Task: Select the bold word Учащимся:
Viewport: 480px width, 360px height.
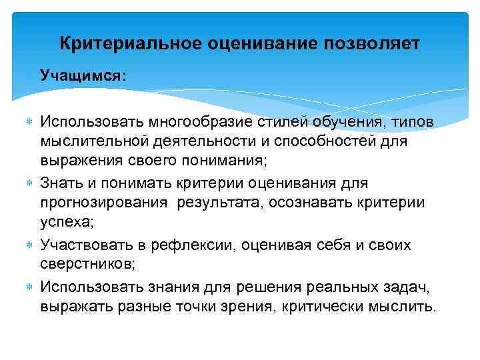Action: tap(82, 75)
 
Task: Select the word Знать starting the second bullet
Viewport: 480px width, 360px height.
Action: tap(61, 182)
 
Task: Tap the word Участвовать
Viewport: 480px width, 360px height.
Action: tap(83, 245)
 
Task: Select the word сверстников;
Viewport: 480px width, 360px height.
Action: tap(87, 264)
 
